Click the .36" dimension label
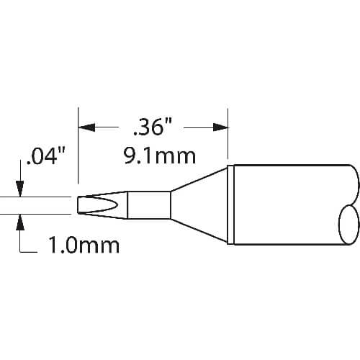[x=153, y=127]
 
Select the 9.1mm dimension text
[x=160, y=156]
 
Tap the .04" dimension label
[x=46, y=156]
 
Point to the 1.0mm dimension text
[x=84, y=246]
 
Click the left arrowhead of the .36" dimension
[x=86, y=127]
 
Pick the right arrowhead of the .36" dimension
[x=220, y=127]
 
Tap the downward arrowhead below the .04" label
[x=20, y=189]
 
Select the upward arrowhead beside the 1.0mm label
[x=20, y=222]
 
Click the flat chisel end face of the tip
[x=78, y=205]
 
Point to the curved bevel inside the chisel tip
[x=106, y=205]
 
